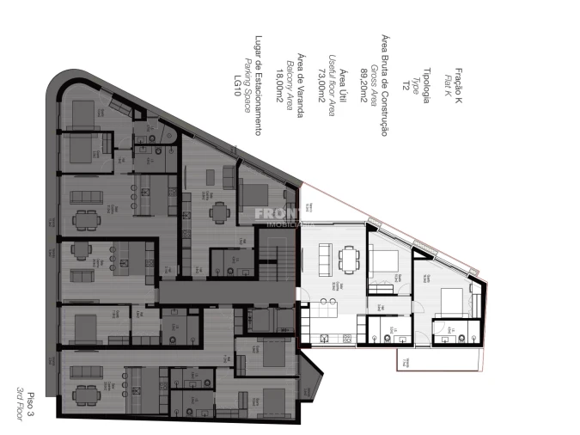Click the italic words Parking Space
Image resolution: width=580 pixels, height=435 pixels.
tap(247, 85)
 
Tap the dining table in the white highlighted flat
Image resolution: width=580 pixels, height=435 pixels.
tap(347, 257)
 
